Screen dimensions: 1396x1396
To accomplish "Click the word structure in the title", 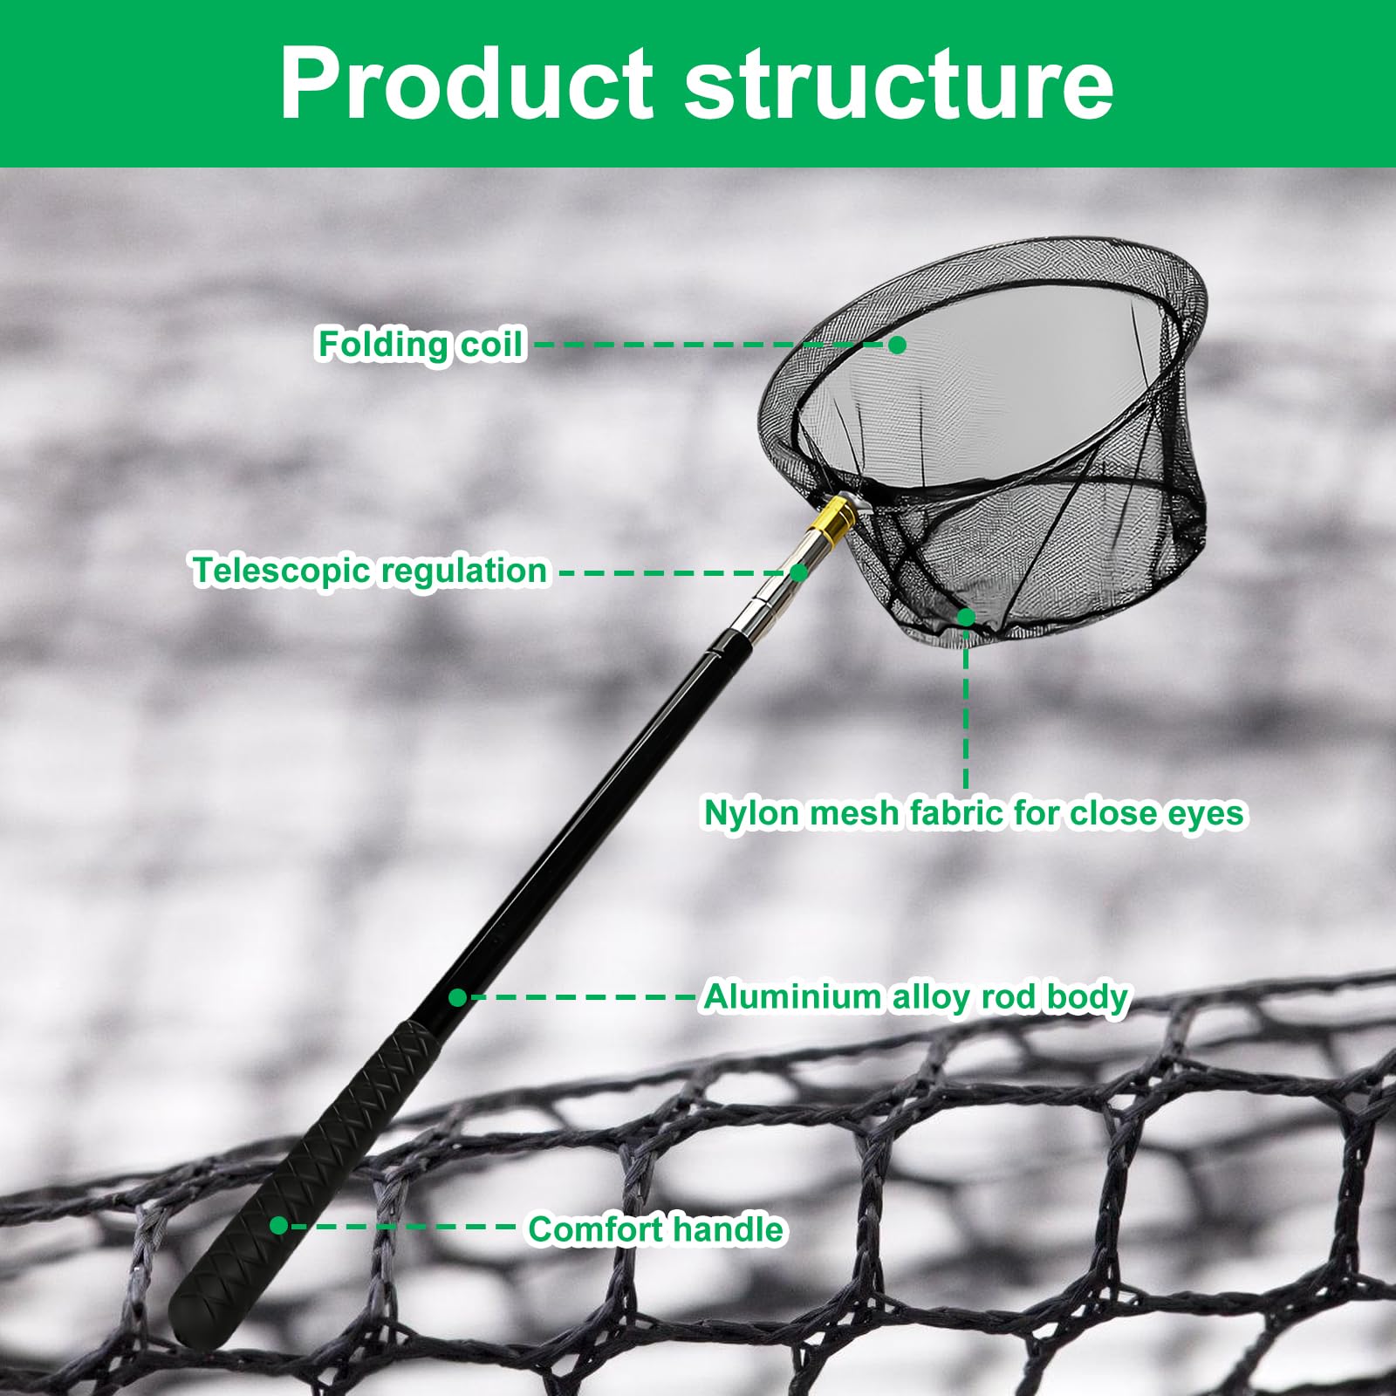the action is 899,84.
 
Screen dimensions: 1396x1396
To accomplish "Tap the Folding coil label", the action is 420,345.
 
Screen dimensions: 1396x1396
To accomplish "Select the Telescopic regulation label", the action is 371,571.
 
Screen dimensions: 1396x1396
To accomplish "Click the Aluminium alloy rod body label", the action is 916,996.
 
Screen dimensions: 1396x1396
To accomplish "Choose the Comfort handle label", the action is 656,1229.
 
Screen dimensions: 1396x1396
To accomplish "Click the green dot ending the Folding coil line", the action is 897,345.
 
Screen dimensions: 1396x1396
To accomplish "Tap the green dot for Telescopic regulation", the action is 798,572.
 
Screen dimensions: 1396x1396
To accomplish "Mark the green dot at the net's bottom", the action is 966,618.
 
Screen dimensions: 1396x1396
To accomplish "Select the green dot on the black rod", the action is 458,996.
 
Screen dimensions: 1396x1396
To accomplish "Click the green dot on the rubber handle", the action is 279,1226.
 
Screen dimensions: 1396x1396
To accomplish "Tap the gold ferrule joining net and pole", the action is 831,521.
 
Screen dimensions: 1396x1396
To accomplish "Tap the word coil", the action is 492,345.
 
